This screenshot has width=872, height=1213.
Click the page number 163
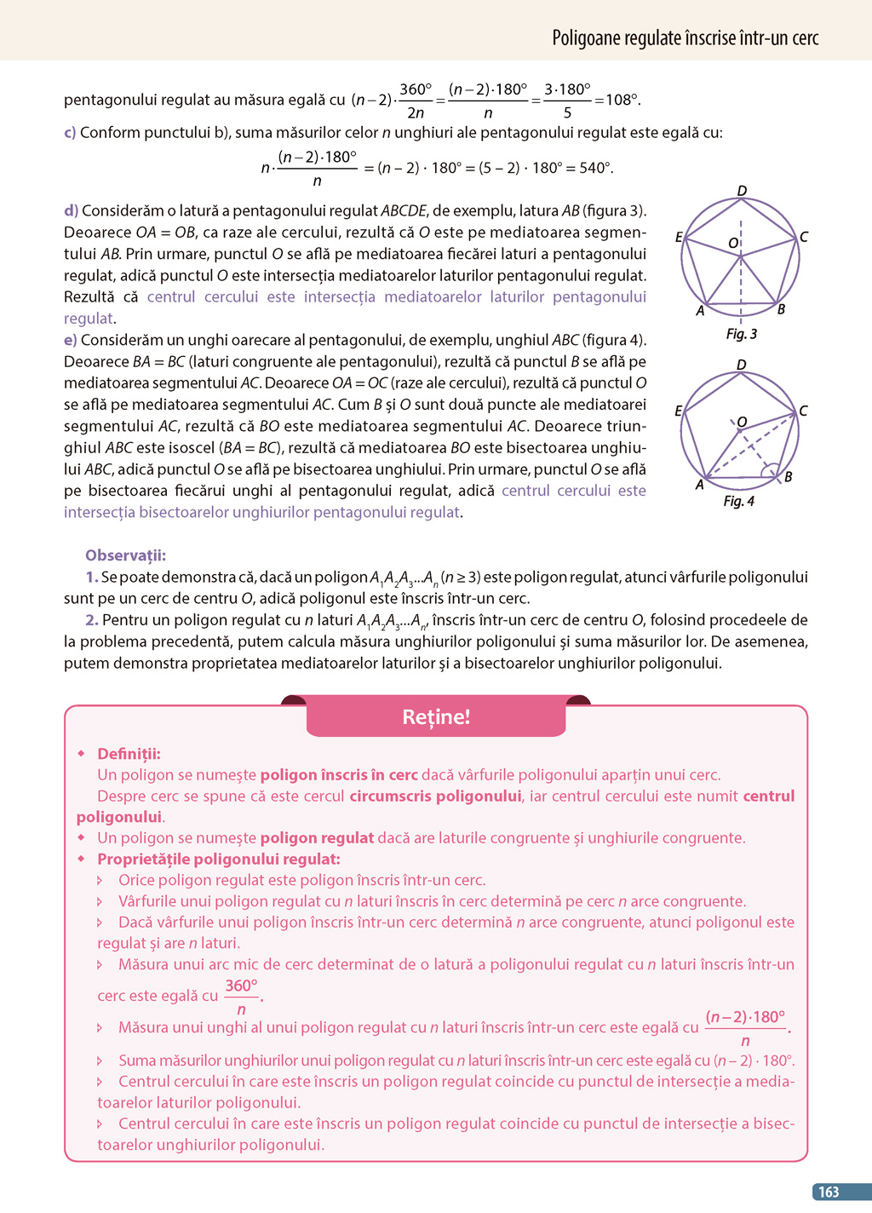(829, 1192)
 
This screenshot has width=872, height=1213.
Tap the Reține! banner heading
(436, 717)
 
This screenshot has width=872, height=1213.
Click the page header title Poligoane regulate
(685, 38)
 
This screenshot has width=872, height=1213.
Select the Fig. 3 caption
(741, 334)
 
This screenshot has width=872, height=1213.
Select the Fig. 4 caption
(738, 501)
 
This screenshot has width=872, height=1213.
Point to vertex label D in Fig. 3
(742, 191)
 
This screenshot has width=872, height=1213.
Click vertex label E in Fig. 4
(679, 411)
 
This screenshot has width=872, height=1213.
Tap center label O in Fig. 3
(732, 244)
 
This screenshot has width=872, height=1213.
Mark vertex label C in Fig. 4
(803, 411)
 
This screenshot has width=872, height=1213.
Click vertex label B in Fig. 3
(781, 309)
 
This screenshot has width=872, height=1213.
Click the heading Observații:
(125, 555)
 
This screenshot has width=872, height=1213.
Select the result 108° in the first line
(622, 100)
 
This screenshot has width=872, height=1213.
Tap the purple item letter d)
(71, 210)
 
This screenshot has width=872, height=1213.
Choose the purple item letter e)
(71, 340)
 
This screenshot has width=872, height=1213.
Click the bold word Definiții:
(129, 754)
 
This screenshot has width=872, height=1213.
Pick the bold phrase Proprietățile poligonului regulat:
(219, 859)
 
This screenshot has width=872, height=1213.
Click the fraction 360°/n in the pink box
(242, 996)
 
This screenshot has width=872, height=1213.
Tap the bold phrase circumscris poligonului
(435, 796)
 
